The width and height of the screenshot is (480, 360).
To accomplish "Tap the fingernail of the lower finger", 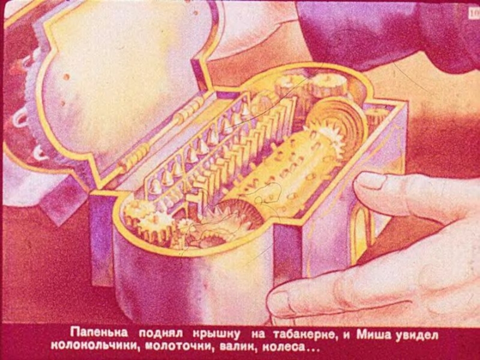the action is (x=280, y=302).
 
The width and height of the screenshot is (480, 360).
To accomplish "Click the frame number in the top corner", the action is (x=473, y=13).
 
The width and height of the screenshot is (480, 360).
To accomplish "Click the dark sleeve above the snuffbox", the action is (x=389, y=31).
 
